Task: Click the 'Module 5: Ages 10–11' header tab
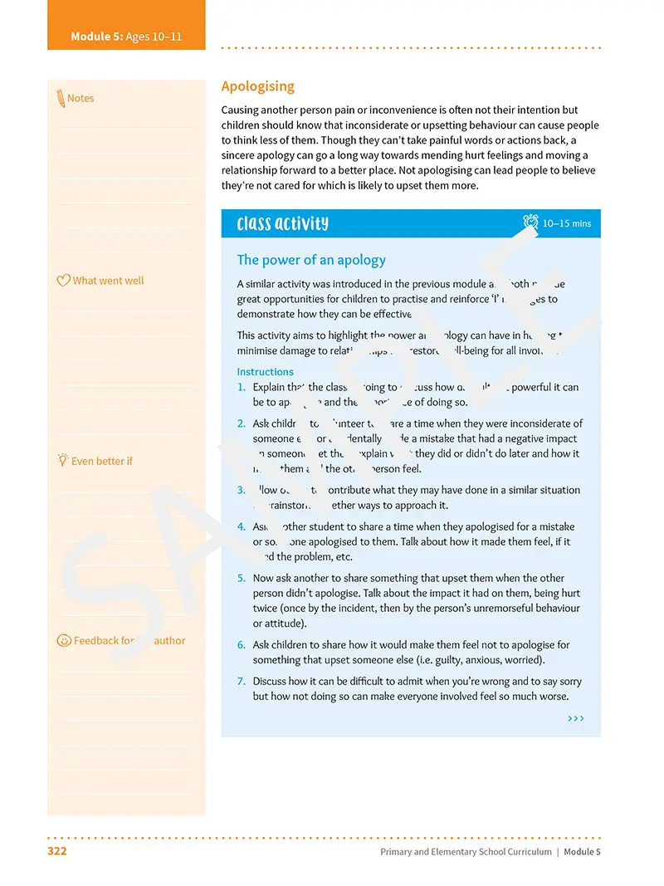pos(126,37)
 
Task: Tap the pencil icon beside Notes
pos(61,98)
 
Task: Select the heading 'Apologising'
pos(258,86)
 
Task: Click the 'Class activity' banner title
pos(282,223)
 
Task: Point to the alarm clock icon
pos(530,223)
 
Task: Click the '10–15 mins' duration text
pos(567,223)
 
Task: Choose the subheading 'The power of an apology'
pos(311,260)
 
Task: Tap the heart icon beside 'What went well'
pos(63,281)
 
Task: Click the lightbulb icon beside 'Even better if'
pos(62,460)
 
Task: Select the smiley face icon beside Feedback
pos(63,640)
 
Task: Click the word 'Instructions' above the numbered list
pos(265,372)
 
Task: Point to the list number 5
pos(242,578)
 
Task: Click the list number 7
pos(242,682)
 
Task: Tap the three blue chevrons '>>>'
pos(576,718)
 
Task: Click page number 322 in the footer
pos(57,851)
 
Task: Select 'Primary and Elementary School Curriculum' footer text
pos(466,852)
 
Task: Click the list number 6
pos(242,645)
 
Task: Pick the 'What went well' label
pos(108,281)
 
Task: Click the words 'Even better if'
pos(102,461)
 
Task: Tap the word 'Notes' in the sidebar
pos(81,98)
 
